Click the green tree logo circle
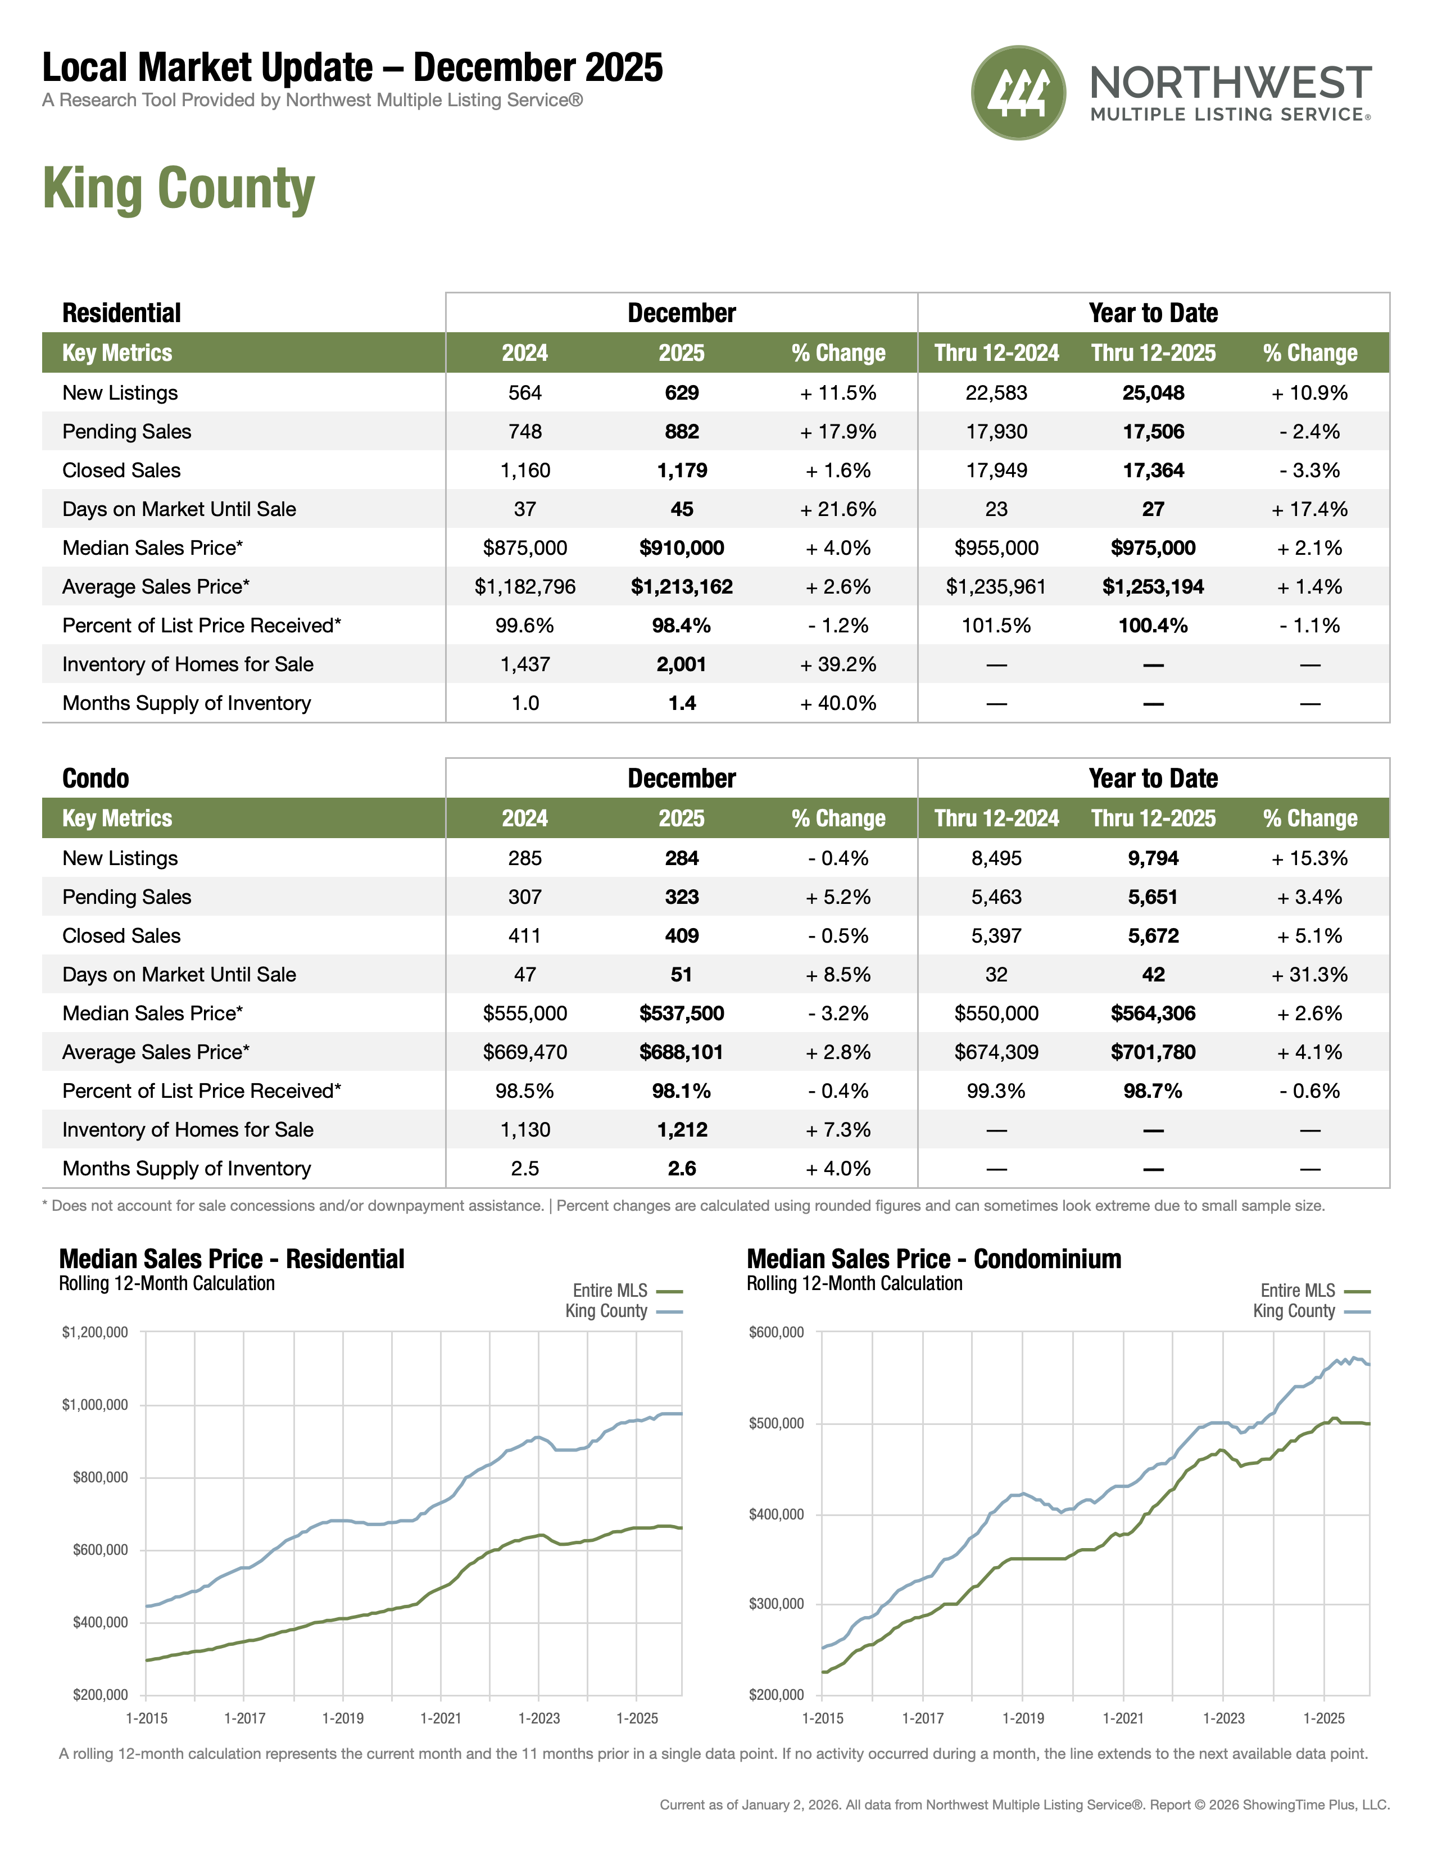(x=1018, y=93)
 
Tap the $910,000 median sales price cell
(x=682, y=548)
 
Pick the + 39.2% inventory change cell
(x=838, y=664)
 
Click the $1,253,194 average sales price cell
(x=1153, y=587)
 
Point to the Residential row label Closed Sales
(x=121, y=470)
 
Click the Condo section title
(x=96, y=778)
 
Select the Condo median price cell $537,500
(x=682, y=1014)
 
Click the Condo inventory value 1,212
(x=682, y=1130)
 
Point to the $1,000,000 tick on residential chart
(x=95, y=1405)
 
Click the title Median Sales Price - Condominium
(x=934, y=1259)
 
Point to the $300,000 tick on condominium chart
(x=776, y=1604)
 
